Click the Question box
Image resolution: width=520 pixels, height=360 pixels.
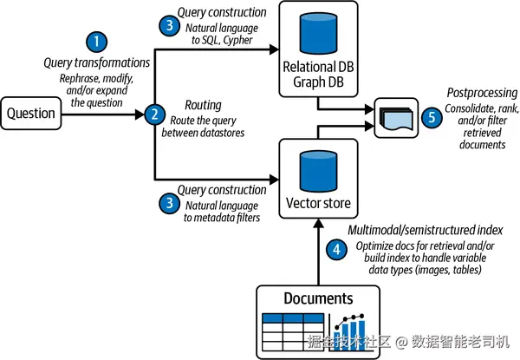click(31, 113)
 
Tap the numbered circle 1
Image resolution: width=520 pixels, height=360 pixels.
click(96, 42)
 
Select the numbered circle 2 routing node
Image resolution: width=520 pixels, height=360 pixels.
click(155, 115)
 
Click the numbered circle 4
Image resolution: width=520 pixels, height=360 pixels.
click(336, 249)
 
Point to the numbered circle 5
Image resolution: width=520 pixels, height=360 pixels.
click(432, 117)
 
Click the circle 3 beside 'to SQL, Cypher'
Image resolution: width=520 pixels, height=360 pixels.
click(170, 25)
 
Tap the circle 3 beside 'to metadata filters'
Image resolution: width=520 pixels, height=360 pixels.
click(170, 203)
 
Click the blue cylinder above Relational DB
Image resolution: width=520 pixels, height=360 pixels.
click(318, 33)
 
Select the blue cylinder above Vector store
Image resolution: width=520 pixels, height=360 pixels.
click(318, 171)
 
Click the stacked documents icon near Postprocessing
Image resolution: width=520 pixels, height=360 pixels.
click(397, 119)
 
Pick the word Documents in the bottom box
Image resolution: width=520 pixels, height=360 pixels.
click(318, 298)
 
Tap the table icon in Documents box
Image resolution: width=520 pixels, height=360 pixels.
click(293, 331)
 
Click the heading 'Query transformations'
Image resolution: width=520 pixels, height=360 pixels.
click(97, 62)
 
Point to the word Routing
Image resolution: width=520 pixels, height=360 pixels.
click(203, 105)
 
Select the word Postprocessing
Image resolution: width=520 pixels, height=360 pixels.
click(482, 93)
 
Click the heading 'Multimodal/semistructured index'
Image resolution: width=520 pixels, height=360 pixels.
click(426, 230)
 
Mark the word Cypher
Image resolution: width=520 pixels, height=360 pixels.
click(237, 40)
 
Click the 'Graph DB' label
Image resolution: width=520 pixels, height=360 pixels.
click(318, 82)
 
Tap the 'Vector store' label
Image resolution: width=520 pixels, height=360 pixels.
click(318, 203)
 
